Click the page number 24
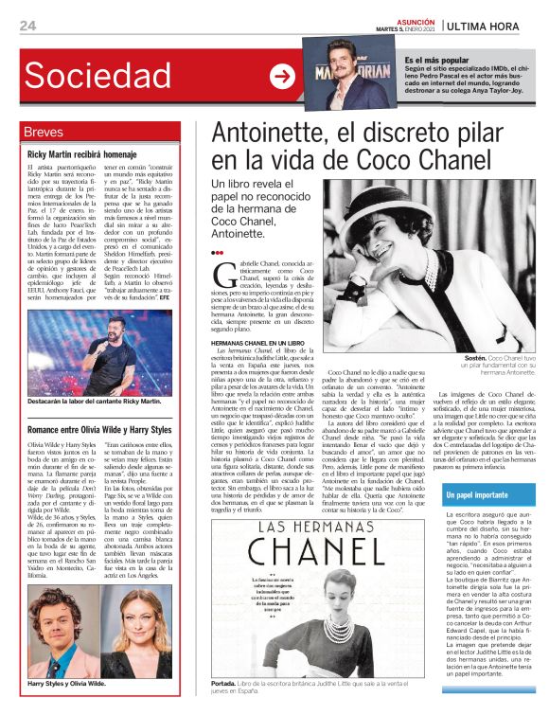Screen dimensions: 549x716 [x=27, y=25]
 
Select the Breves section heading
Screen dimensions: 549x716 [x=44, y=132]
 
